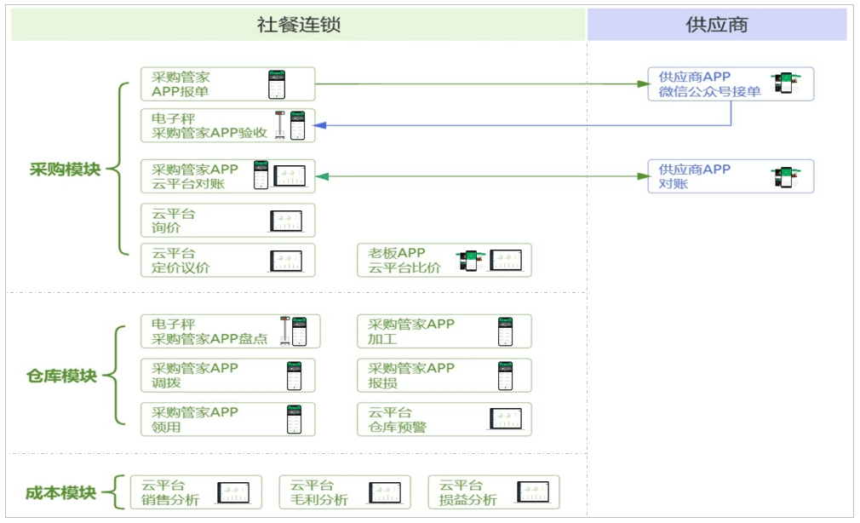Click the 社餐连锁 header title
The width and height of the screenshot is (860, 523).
click(298, 25)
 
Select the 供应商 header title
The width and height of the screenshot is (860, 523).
click(716, 25)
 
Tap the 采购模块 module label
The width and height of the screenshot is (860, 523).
click(65, 169)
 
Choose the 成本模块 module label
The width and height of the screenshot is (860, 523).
click(61, 492)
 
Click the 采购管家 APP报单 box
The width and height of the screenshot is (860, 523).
click(227, 84)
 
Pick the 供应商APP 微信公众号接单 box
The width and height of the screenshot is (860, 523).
click(730, 84)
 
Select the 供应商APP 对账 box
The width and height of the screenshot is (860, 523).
click(730, 176)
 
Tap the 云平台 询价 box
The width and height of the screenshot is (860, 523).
click(227, 220)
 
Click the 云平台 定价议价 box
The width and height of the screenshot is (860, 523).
click(227, 260)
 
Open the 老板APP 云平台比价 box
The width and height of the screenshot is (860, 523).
click(444, 260)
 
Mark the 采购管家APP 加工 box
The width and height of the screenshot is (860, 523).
click(444, 331)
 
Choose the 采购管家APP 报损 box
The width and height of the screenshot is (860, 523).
click(444, 376)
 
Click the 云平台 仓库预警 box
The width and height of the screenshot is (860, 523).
click(444, 419)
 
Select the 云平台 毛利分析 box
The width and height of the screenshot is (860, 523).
click(344, 492)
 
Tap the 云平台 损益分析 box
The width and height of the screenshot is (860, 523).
click(493, 492)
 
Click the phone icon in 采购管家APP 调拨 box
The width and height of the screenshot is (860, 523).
click(295, 376)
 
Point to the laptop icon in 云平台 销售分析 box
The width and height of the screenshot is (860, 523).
click(232, 492)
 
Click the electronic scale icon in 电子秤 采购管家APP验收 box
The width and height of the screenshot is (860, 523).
click(278, 124)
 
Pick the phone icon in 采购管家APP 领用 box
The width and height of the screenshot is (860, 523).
click(295, 419)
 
